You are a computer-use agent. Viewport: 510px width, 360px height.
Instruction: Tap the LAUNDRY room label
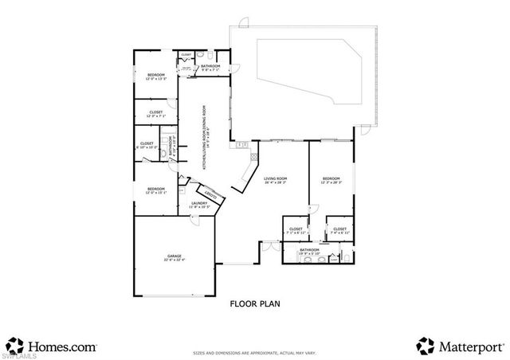pos(199,203)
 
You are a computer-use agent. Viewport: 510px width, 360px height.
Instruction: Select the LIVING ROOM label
pos(276,178)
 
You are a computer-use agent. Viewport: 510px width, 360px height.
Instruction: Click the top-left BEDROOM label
pos(155,74)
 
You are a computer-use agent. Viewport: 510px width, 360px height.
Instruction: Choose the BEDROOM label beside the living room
pos(331,178)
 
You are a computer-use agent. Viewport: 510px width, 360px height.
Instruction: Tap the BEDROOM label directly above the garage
pos(155,189)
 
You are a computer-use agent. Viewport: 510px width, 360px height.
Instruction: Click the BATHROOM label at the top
pos(210,66)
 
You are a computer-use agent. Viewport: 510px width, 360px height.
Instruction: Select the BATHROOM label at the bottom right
pos(309,249)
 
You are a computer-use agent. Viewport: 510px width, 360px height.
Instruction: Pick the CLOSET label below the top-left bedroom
pos(156,112)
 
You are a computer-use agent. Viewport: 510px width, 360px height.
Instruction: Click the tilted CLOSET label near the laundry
pos(211,194)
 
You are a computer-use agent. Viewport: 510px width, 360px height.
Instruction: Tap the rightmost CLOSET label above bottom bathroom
pos(339,229)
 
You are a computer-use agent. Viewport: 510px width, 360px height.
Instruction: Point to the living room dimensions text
pos(276,182)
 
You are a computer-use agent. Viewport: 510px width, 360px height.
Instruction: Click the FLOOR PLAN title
pos(254,303)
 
